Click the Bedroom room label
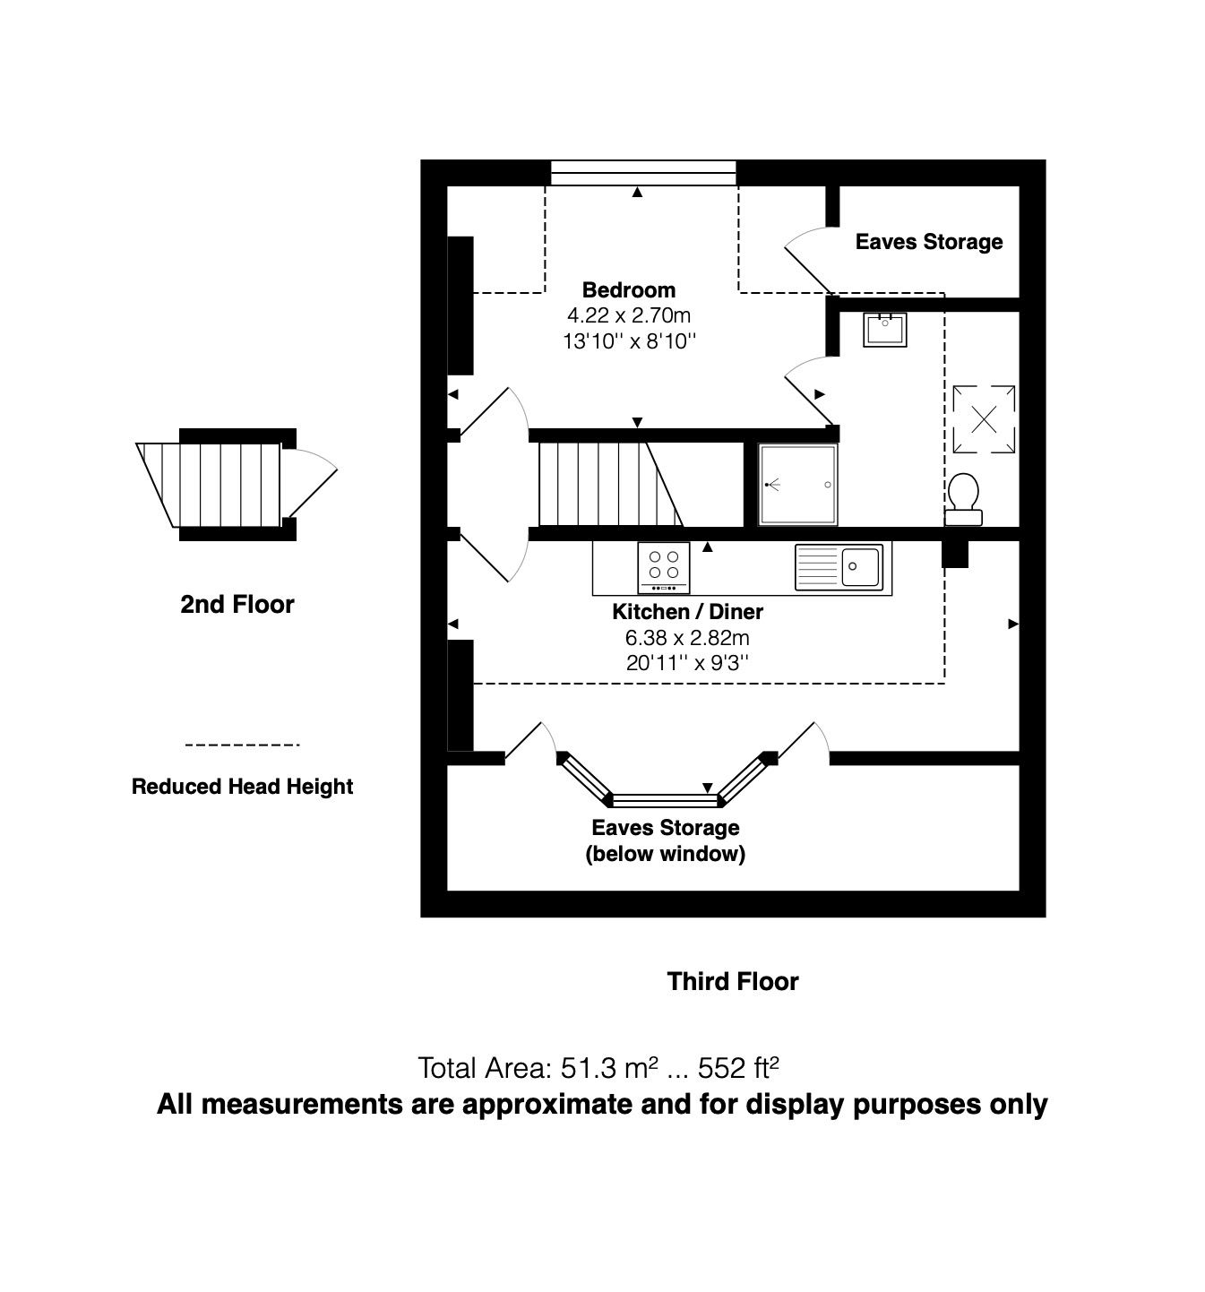pos(628,289)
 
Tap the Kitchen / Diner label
pos(687,612)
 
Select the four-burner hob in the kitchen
pos(663,567)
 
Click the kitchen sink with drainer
pos(838,566)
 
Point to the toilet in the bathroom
pos(964,498)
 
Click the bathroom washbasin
pos(884,329)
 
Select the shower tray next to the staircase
pos(797,485)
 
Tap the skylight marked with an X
pos(984,419)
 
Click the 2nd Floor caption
pos(237,604)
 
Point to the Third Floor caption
pos(732,981)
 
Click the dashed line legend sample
pos(241,745)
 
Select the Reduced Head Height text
pos(242,787)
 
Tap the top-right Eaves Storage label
pos(928,242)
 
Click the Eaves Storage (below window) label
pos(665,840)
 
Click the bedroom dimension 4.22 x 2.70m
pos(628,315)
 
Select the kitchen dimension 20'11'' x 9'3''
pos(687,663)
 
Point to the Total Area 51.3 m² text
pos(598,1068)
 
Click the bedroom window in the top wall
pos(642,173)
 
